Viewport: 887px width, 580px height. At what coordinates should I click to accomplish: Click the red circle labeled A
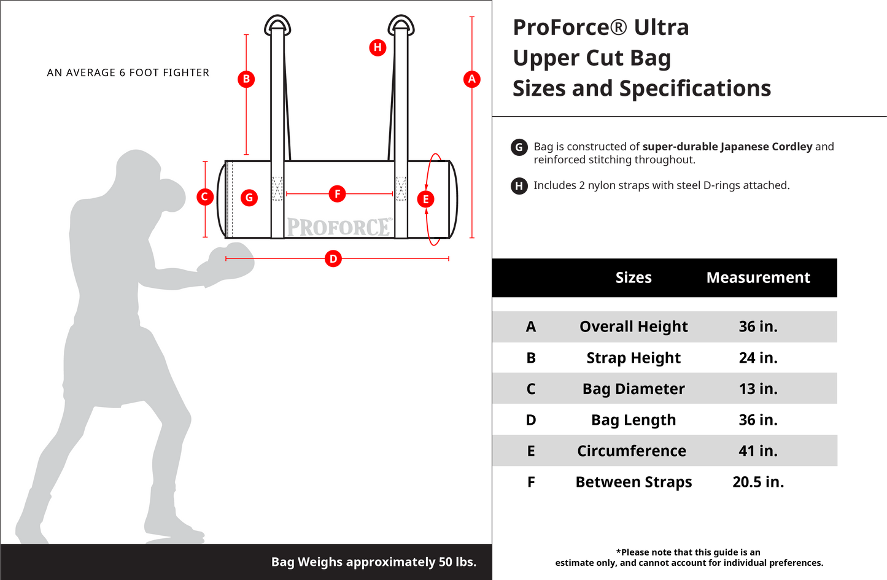pyautogui.click(x=471, y=79)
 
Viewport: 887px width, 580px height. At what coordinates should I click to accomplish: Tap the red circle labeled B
pyautogui.click(x=246, y=79)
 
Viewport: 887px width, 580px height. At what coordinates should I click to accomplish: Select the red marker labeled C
pyautogui.click(x=205, y=197)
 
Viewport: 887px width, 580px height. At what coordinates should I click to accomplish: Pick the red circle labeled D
pyautogui.click(x=333, y=258)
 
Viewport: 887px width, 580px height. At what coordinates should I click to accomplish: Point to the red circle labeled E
pyautogui.click(x=425, y=199)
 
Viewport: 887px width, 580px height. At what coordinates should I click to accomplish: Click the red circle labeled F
pyautogui.click(x=337, y=194)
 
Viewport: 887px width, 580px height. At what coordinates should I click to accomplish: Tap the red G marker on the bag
pyautogui.click(x=249, y=198)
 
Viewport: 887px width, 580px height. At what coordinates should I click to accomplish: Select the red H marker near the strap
pyautogui.click(x=378, y=47)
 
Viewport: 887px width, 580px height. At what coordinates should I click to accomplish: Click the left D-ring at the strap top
pyautogui.click(x=277, y=25)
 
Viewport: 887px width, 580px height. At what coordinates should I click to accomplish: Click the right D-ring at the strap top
pyautogui.click(x=401, y=25)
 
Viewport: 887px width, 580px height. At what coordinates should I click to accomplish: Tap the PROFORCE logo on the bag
pyautogui.click(x=339, y=227)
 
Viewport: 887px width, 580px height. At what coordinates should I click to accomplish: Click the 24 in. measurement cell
pyautogui.click(x=758, y=358)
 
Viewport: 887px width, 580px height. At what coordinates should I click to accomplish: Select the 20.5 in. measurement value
pyautogui.click(x=758, y=482)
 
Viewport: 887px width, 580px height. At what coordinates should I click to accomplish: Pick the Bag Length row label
pyautogui.click(x=633, y=420)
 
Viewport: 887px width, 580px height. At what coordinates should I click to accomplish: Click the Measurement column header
pyautogui.click(x=758, y=277)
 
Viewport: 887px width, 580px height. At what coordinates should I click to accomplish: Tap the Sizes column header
pyautogui.click(x=633, y=277)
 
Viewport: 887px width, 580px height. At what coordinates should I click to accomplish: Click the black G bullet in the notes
pyautogui.click(x=519, y=147)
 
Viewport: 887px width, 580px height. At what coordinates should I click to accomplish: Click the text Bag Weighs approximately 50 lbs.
pyautogui.click(x=373, y=562)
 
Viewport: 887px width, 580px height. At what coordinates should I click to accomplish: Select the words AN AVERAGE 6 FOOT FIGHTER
pyautogui.click(x=128, y=72)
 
